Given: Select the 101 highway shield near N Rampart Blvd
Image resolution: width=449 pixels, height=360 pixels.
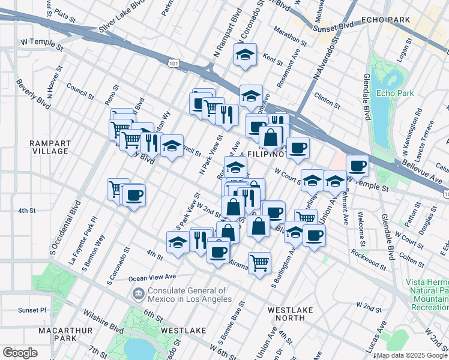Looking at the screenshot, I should (x=173, y=62).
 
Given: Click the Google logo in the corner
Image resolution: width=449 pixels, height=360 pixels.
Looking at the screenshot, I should (x=20, y=352).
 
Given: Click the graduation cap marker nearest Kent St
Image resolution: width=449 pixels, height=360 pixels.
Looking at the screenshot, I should (x=245, y=55).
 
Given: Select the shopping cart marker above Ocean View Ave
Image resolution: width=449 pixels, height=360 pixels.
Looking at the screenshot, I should (x=259, y=262).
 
